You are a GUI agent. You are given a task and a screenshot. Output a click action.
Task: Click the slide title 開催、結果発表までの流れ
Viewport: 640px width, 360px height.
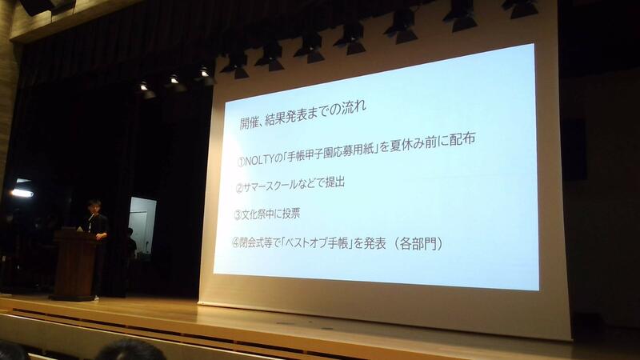tap(302, 114)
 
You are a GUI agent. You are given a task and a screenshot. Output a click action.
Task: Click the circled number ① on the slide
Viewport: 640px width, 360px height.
tap(241, 162)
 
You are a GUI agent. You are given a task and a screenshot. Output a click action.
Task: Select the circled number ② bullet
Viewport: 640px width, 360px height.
tap(239, 188)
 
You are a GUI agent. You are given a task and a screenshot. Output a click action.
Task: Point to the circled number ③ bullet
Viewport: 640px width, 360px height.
tap(238, 215)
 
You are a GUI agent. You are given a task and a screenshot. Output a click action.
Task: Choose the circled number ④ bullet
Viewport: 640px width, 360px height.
tap(235, 242)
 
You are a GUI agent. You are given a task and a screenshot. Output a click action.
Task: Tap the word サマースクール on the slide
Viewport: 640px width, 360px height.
tap(270, 186)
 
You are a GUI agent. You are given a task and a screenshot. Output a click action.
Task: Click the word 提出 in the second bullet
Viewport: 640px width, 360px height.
tap(335, 182)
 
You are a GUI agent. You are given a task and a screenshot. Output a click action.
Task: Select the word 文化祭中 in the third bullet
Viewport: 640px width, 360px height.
tap(256, 214)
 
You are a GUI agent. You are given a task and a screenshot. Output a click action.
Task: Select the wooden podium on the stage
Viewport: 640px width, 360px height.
tap(74, 265)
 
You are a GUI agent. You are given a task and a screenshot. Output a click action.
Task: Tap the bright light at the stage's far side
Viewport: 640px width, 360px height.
tap(22, 193)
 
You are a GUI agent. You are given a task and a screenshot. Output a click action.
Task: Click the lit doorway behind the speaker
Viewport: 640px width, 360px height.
tap(142, 225)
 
